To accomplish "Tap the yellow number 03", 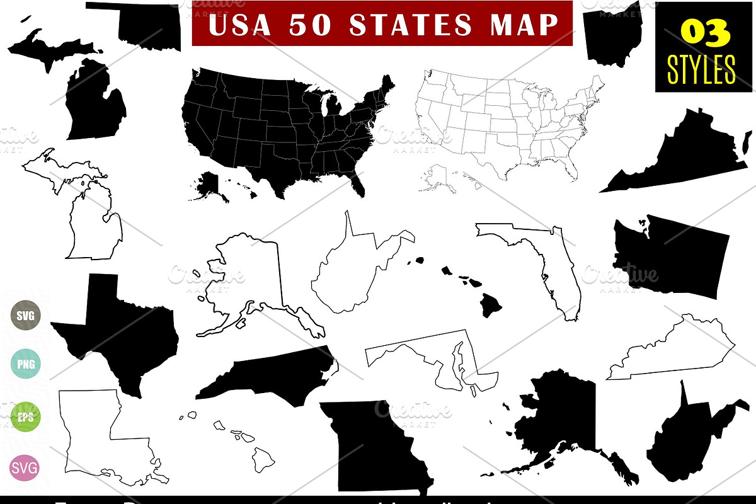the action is [700, 33].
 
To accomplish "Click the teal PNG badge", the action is [25, 364].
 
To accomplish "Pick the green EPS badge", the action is [25, 416].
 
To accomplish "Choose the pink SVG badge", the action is [25, 468].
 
